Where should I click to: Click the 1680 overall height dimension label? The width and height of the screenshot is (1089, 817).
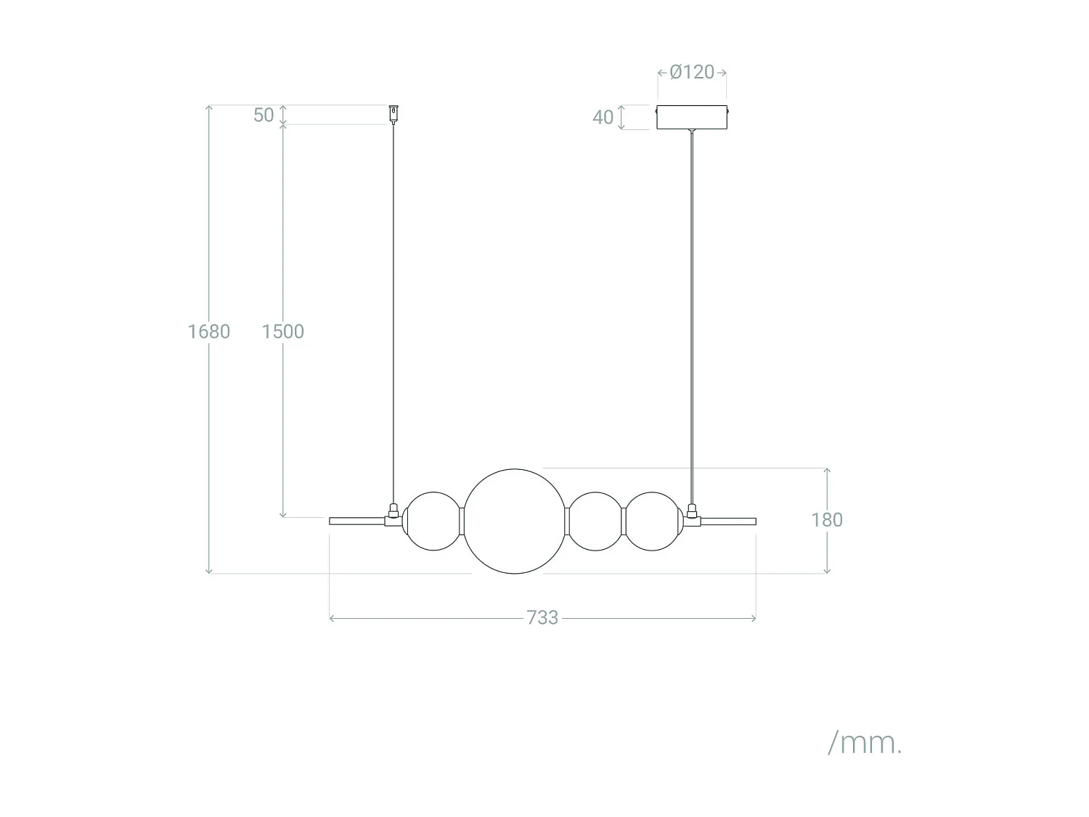[209, 331]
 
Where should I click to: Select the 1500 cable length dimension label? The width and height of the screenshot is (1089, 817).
[282, 331]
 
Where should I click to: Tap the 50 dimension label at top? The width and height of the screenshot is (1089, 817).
[264, 115]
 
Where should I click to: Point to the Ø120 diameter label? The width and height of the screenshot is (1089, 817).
[692, 72]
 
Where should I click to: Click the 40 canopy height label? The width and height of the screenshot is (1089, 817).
[603, 117]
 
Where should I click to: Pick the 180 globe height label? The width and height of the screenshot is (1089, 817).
[827, 520]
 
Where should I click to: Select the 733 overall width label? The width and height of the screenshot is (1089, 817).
[542, 617]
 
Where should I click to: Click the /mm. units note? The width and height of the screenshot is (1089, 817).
[865, 742]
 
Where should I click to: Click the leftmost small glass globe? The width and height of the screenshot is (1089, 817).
[433, 521]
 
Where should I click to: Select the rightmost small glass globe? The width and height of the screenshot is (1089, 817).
[653, 521]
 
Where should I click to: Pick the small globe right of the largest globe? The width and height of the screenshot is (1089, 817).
[595, 521]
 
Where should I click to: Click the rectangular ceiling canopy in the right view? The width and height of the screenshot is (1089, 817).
[692, 118]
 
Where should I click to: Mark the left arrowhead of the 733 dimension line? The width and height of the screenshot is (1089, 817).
[332, 618]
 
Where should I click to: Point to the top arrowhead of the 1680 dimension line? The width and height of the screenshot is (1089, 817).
[209, 108]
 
